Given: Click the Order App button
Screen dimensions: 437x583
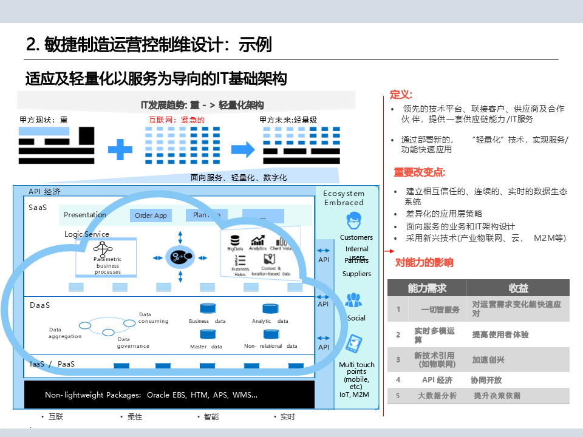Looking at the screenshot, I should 151,215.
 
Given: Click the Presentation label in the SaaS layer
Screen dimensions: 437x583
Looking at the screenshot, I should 85,215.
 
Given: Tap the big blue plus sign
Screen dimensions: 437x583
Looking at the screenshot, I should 120,149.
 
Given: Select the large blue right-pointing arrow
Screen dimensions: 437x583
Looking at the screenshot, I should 242,149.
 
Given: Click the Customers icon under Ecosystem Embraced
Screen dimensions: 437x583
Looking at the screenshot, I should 356,219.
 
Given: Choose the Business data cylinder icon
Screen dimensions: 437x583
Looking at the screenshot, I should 208,309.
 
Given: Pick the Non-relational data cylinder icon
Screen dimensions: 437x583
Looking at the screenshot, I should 271,334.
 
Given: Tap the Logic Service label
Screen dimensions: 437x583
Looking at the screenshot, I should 87,234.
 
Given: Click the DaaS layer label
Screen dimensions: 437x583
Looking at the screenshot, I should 40,305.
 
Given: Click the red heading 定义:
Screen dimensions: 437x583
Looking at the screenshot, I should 401,95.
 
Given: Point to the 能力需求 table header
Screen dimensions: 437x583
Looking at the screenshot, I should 427,288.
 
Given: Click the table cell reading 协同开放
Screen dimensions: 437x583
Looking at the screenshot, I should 486,381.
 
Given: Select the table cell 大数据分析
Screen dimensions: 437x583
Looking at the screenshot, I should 437,396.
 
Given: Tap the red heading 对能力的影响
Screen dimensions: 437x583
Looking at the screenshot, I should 424,263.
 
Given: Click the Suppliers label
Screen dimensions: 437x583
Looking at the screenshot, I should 356,274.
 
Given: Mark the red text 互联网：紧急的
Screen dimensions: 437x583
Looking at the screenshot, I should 177,120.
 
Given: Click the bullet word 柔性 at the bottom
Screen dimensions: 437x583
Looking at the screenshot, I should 135,417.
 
